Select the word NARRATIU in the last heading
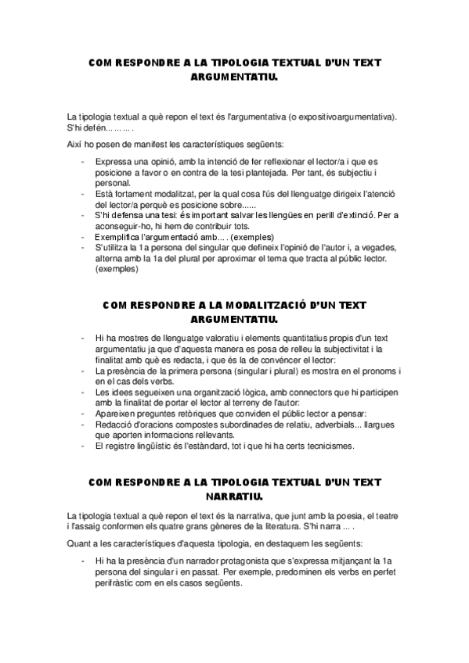pos(234,496)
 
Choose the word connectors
pos(298,392)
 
